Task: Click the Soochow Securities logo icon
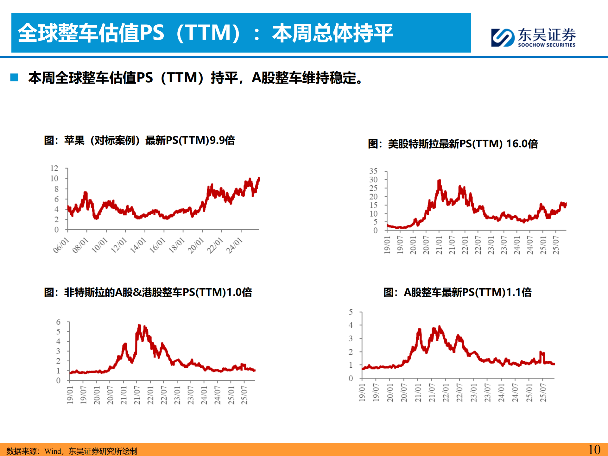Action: (x=502, y=38)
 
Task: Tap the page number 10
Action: (x=594, y=450)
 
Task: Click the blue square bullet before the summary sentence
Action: (x=14, y=78)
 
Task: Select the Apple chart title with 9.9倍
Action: (x=139, y=140)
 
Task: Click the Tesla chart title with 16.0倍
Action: (x=453, y=144)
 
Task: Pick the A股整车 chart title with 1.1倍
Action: (x=457, y=292)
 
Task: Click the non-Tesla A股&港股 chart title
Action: (x=148, y=292)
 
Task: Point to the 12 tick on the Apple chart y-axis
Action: (x=54, y=168)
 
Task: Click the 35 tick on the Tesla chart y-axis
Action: (x=373, y=171)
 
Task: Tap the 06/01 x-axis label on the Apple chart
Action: (x=61, y=245)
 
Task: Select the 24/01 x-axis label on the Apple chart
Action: (x=234, y=245)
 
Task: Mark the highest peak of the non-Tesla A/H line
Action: (x=139, y=326)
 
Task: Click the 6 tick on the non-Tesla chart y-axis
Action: (x=58, y=322)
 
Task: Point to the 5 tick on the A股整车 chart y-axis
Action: (x=351, y=312)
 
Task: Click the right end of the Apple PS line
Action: (x=259, y=178)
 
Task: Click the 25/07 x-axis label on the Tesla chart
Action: (x=556, y=245)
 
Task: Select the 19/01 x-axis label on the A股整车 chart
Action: (x=362, y=393)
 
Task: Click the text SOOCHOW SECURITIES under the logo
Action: (x=547, y=45)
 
